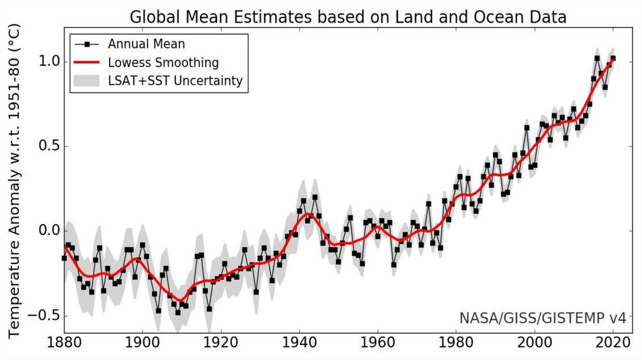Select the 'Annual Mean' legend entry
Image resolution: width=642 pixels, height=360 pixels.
(146, 45)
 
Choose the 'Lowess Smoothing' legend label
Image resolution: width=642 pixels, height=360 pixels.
(163, 63)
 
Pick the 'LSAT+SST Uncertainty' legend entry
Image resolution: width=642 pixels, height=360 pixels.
(175, 81)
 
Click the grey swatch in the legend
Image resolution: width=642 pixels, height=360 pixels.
(87, 81)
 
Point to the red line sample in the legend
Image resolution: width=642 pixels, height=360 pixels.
(87, 63)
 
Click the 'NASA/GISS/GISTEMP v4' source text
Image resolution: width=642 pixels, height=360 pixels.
(542, 320)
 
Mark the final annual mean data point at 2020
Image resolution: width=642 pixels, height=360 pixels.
(613, 58)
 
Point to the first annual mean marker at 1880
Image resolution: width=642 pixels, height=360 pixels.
(64, 258)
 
